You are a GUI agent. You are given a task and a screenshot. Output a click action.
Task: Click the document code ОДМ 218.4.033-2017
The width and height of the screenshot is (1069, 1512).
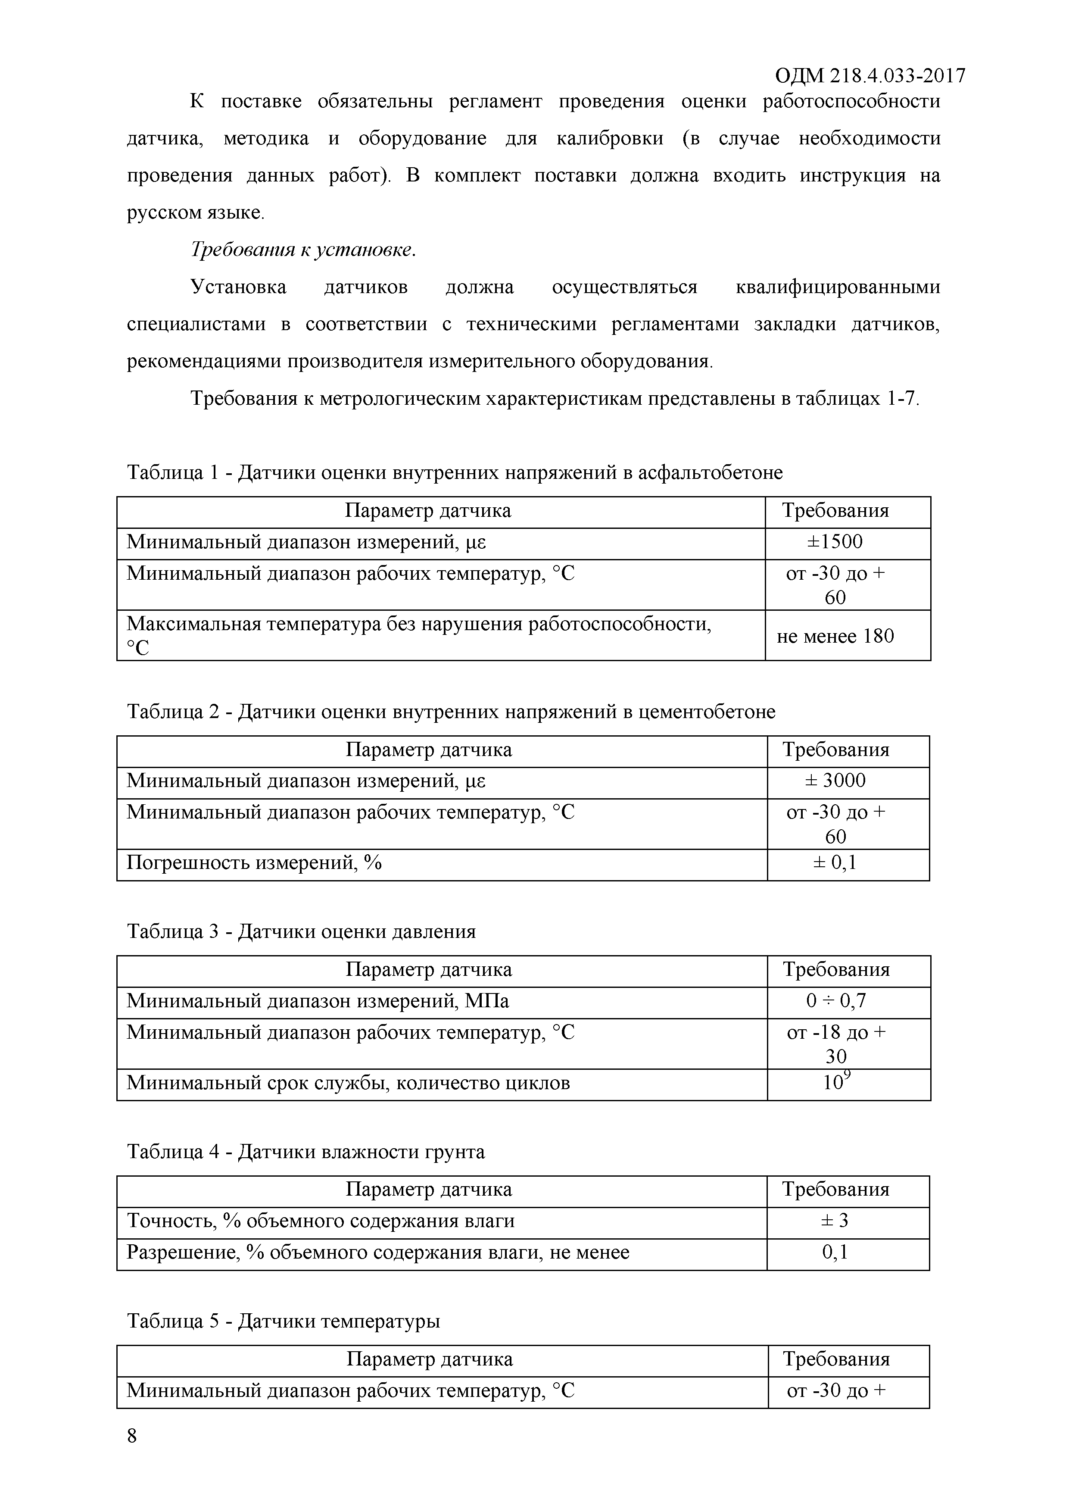[x=870, y=76]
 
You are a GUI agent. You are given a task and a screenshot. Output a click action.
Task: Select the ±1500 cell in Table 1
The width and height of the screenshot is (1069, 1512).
[x=835, y=542]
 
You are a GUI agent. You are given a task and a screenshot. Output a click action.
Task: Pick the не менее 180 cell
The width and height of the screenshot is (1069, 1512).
[x=835, y=636]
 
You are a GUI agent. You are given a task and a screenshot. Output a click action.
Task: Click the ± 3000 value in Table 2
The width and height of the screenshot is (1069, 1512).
[x=835, y=781]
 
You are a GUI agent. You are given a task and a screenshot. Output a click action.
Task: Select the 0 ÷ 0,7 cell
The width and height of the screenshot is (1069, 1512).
[x=836, y=1001]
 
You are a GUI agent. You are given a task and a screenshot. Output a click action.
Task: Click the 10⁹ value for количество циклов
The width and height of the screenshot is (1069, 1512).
[x=836, y=1082]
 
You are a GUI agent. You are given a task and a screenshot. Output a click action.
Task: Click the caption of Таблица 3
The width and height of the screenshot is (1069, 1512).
[x=301, y=931]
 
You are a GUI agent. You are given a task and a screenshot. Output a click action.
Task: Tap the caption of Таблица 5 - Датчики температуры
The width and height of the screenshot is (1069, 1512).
[x=283, y=1321]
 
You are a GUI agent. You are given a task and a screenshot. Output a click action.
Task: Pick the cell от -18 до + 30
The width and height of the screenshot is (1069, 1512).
[x=836, y=1044]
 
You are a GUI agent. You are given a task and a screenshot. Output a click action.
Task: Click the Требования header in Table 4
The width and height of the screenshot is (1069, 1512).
[x=835, y=1189]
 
